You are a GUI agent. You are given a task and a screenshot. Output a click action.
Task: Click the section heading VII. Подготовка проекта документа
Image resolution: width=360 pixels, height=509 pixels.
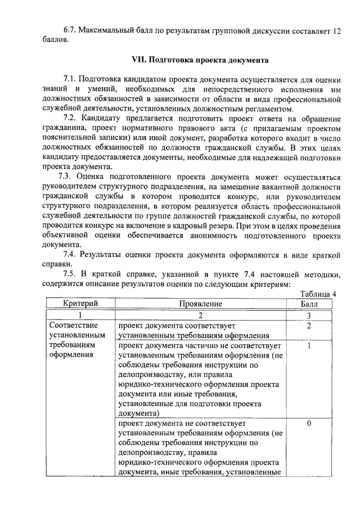point(200,58)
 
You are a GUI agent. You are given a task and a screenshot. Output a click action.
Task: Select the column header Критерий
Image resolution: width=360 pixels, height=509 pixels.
point(80,304)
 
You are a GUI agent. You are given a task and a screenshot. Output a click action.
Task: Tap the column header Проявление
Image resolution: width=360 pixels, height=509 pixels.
point(201,304)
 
